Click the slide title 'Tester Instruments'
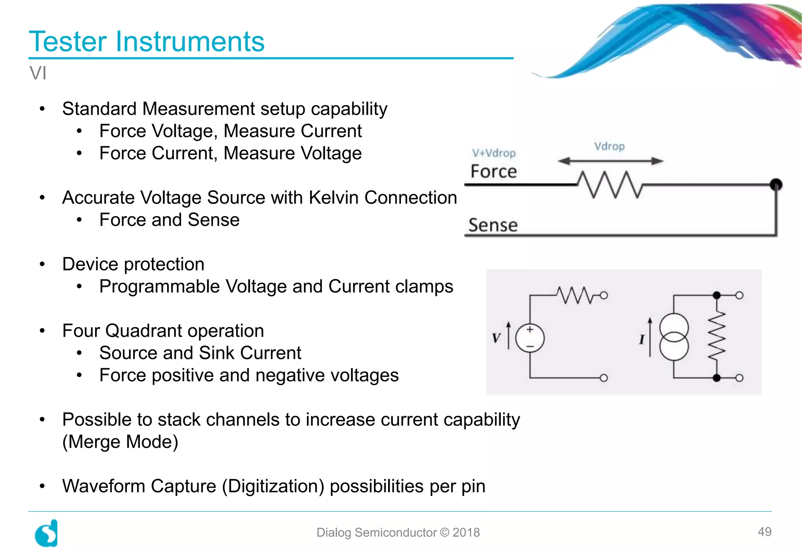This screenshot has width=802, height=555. click(x=147, y=41)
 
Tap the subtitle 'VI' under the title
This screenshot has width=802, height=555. click(x=38, y=73)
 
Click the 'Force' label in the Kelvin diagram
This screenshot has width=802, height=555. click(x=493, y=171)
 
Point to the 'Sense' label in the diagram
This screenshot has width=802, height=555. click(x=493, y=225)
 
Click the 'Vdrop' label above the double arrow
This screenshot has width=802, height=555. click(x=609, y=146)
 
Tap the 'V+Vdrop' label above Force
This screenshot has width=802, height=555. click(x=493, y=153)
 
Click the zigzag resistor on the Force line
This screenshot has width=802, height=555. click(x=609, y=184)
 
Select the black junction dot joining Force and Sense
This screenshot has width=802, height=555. click(x=776, y=184)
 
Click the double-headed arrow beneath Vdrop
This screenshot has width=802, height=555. click(x=610, y=161)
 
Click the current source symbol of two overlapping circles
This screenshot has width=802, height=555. click(x=674, y=337)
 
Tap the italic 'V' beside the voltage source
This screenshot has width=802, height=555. click(x=497, y=338)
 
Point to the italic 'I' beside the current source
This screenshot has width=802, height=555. click(x=642, y=339)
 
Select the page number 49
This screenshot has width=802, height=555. click(x=764, y=532)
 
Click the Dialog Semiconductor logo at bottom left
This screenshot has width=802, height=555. click(x=47, y=533)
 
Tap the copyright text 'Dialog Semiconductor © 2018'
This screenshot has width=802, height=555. click(x=398, y=532)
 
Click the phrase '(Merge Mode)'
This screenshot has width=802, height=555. click(x=120, y=442)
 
